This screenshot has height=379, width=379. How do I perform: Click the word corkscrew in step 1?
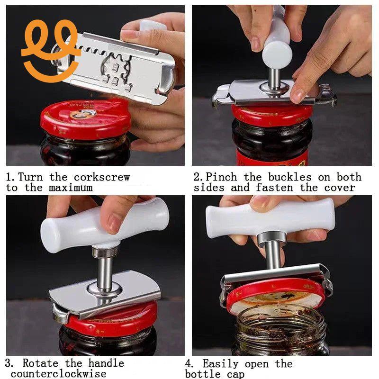click(x=102, y=178)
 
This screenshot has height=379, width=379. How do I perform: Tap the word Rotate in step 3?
click(x=42, y=364)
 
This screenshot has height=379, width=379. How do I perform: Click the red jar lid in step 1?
click(x=85, y=118)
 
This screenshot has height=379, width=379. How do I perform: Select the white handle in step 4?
click(x=270, y=218)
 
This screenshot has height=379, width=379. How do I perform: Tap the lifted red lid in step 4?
click(x=275, y=294)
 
